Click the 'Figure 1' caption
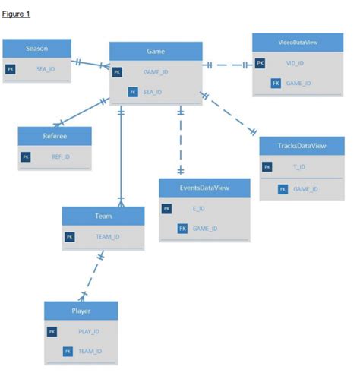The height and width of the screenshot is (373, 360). pos(16,14)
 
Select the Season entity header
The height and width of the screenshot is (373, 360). pos(36,48)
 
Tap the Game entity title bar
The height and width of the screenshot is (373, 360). pos(156,51)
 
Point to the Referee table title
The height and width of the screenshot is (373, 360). pos(55,136)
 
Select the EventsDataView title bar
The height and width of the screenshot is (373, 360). pos(204,187)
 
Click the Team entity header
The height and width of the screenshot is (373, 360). pos(103,216)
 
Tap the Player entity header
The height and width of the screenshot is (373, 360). pos(81,311)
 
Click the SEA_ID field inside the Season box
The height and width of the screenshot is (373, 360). pos(46,69)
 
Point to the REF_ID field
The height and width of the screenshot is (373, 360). pos(62,157)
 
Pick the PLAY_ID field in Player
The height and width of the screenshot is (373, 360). pos(90,332)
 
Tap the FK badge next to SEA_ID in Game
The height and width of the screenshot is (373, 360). pos(134,92)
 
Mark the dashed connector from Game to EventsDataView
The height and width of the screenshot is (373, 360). pos(180,144)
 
